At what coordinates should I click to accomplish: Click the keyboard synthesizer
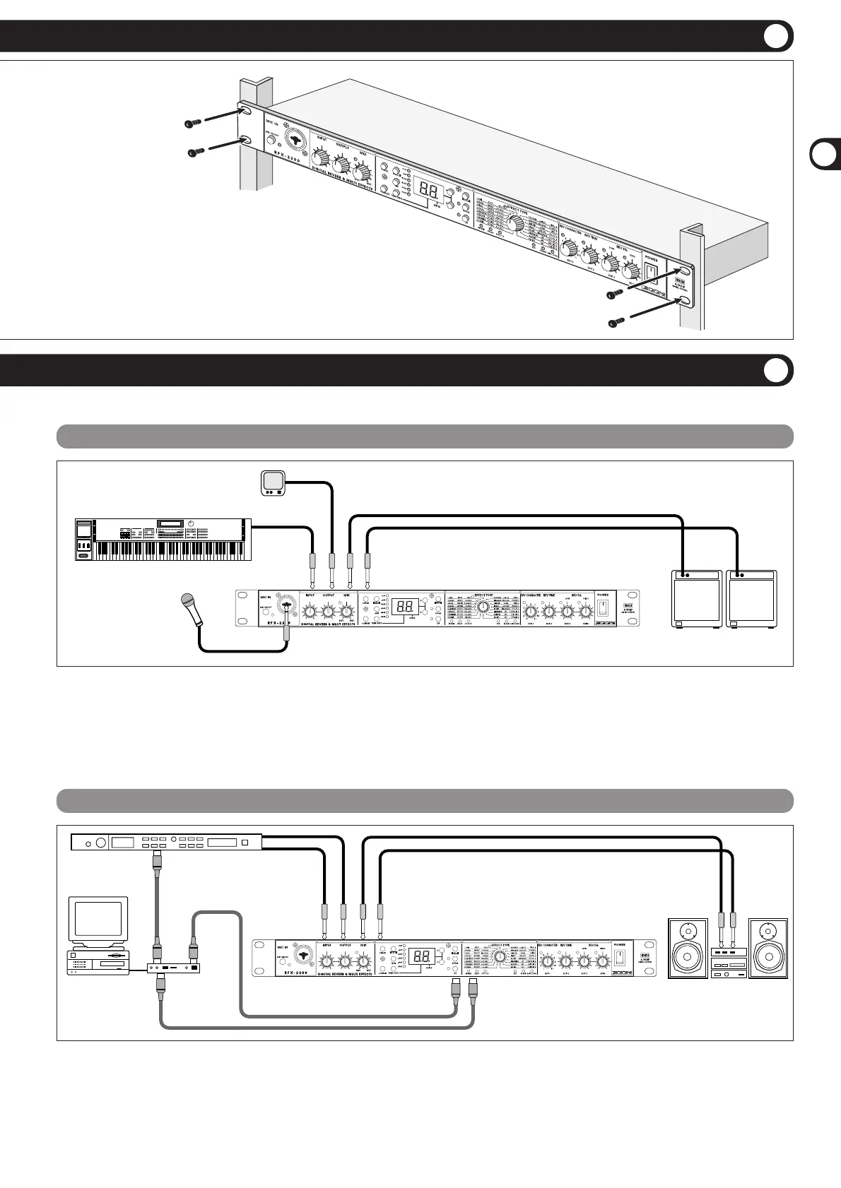[163, 540]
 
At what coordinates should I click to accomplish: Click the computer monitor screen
[98, 918]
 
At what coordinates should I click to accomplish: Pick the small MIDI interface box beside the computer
[173, 967]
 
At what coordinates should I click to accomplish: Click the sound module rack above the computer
[167, 841]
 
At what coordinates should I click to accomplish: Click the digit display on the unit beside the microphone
[405, 607]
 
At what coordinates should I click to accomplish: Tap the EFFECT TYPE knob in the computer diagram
[500, 956]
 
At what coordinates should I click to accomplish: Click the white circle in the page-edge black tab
[824, 155]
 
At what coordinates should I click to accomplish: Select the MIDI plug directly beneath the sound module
[157, 864]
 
